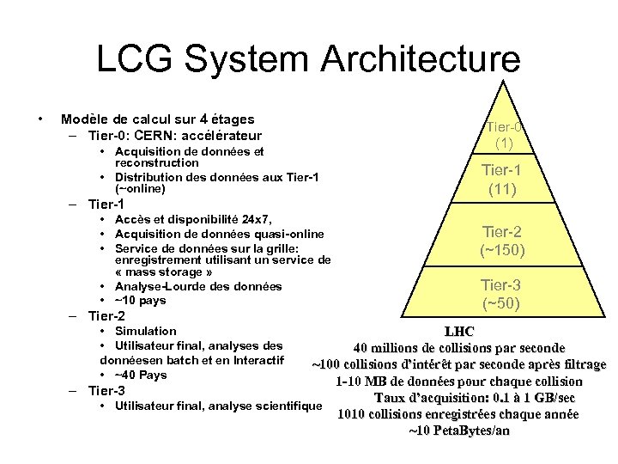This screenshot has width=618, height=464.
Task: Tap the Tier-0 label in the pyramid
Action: pyautogui.click(x=504, y=127)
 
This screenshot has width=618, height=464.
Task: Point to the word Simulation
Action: pyautogui.click(x=145, y=331)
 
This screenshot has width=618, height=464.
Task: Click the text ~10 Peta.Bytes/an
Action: pyautogui.click(x=458, y=430)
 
